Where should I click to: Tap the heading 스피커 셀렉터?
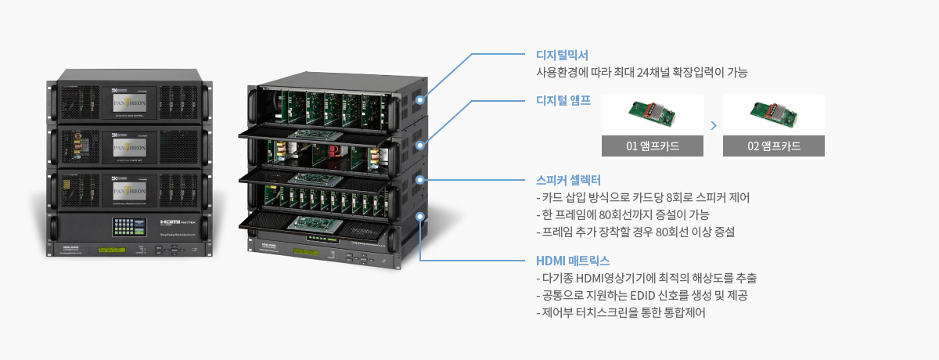(567, 179)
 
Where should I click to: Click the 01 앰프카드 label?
(653, 146)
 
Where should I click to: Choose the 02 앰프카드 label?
(773, 146)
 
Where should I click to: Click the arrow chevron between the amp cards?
(713, 125)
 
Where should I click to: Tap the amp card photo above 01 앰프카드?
(653, 114)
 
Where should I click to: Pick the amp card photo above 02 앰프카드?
(773, 114)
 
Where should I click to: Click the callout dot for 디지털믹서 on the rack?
(420, 100)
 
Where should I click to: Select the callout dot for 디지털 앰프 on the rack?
(420, 145)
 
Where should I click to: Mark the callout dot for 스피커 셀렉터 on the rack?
(420, 180)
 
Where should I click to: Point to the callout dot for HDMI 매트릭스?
(420, 216)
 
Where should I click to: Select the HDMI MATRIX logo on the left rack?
(174, 223)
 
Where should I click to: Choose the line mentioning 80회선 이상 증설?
(635, 232)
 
